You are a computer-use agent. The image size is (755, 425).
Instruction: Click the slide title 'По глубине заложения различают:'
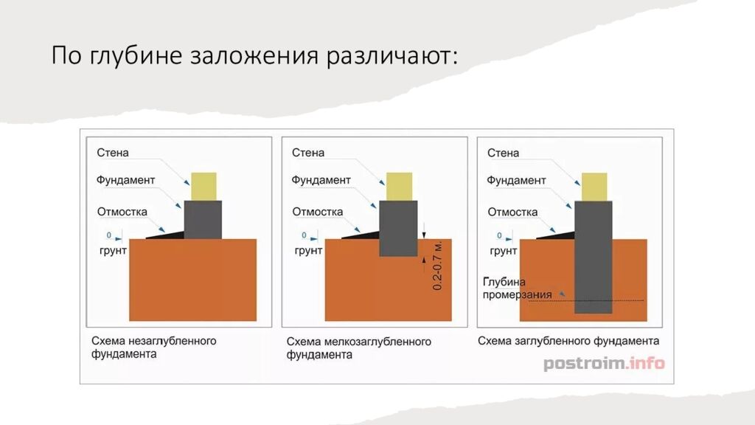pos(254,57)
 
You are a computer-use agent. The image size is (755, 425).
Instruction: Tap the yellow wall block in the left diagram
pos(203,185)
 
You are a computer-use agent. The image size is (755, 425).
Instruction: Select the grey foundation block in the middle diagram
pos(398,227)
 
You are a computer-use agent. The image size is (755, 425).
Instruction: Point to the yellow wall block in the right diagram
pos(594,185)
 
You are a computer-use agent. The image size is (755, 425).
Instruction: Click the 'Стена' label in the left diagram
pos(112,153)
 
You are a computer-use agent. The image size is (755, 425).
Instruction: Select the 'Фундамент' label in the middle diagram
pos(321,179)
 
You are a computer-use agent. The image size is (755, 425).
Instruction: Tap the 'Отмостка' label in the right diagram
pos(512,212)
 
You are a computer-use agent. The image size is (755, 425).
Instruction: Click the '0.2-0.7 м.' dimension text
pos(437,265)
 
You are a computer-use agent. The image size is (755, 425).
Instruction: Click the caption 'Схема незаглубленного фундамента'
pos(153,348)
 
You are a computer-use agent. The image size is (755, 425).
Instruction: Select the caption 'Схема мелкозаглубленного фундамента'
pos(358,348)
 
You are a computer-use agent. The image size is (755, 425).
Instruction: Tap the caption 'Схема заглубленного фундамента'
pos(568,341)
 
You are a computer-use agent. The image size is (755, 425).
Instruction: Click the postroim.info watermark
pos(604,363)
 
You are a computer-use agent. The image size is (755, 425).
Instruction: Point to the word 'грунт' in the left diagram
pos(112,251)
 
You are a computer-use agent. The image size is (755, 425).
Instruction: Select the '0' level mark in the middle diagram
pos(305,235)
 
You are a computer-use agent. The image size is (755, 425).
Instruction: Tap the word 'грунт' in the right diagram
pos(503,251)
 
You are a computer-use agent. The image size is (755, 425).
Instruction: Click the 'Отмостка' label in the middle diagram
pos(317,212)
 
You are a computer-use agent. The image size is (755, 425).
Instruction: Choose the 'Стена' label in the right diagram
pos(503,153)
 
